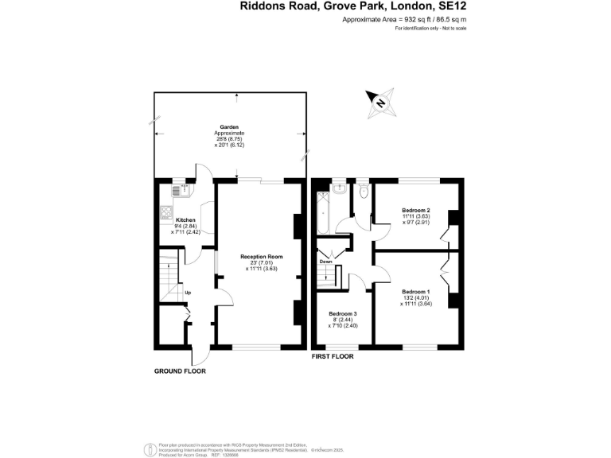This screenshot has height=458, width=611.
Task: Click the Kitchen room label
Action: tap(185, 219)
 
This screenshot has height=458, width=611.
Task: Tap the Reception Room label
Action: tap(262, 256)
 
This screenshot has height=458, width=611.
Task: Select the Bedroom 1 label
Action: tap(414, 291)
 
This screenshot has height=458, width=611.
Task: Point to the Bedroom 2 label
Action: tap(416, 210)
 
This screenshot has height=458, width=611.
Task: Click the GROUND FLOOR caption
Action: tap(179, 371)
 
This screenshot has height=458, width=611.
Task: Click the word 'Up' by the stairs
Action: tap(188, 293)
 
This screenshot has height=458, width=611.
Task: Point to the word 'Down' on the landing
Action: tap(326, 262)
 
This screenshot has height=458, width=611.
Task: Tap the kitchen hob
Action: tap(167, 212)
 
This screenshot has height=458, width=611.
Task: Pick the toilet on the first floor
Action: tap(363, 192)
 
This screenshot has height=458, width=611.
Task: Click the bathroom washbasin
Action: tap(340, 188)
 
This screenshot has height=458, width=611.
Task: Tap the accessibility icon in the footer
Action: tap(148, 448)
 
